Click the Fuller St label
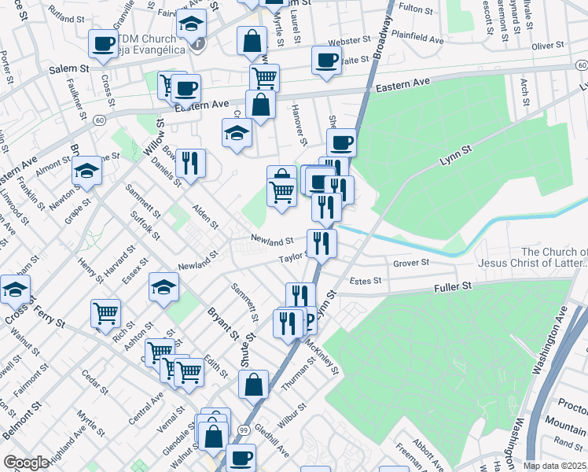click(x=452, y=289)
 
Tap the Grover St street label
click(x=411, y=263)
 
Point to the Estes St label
click(x=366, y=280)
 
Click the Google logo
click(x=27, y=463)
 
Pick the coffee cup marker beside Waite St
click(x=326, y=59)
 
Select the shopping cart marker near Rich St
click(x=105, y=312)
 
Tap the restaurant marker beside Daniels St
click(x=190, y=162)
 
